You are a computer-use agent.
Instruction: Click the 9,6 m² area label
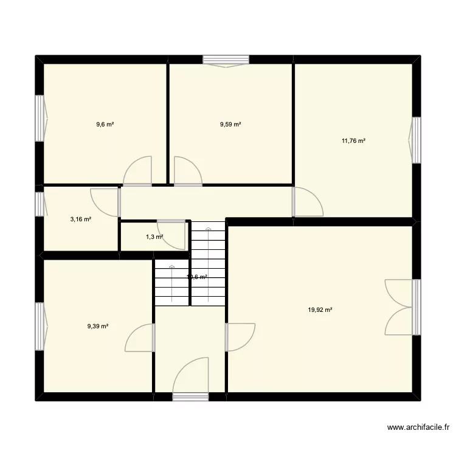tap(105, 125)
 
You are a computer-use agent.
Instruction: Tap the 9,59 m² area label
tap(230, 125)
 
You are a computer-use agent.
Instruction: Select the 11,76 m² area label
tap(353, 141)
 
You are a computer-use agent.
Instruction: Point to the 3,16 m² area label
tap(80, 219)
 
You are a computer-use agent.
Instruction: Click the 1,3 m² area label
tap(154, 237)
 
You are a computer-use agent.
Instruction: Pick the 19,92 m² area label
tap(320, 309)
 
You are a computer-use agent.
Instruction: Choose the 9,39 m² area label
tap(97, 326)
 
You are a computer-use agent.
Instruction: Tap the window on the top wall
tap(226, 60)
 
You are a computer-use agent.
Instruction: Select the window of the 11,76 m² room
tap(416, 140)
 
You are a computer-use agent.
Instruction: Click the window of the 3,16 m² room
tap(40, 204)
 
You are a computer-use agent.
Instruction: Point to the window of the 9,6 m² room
tap(40, 119)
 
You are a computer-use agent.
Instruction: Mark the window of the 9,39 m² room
tap(40, 326)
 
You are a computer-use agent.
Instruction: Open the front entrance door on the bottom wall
tap(190, 380)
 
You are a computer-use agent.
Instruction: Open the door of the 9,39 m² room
tap(140, 338)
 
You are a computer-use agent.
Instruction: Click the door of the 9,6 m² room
tap(137, 171)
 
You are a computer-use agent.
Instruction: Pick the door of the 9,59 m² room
tap(187, 171)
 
